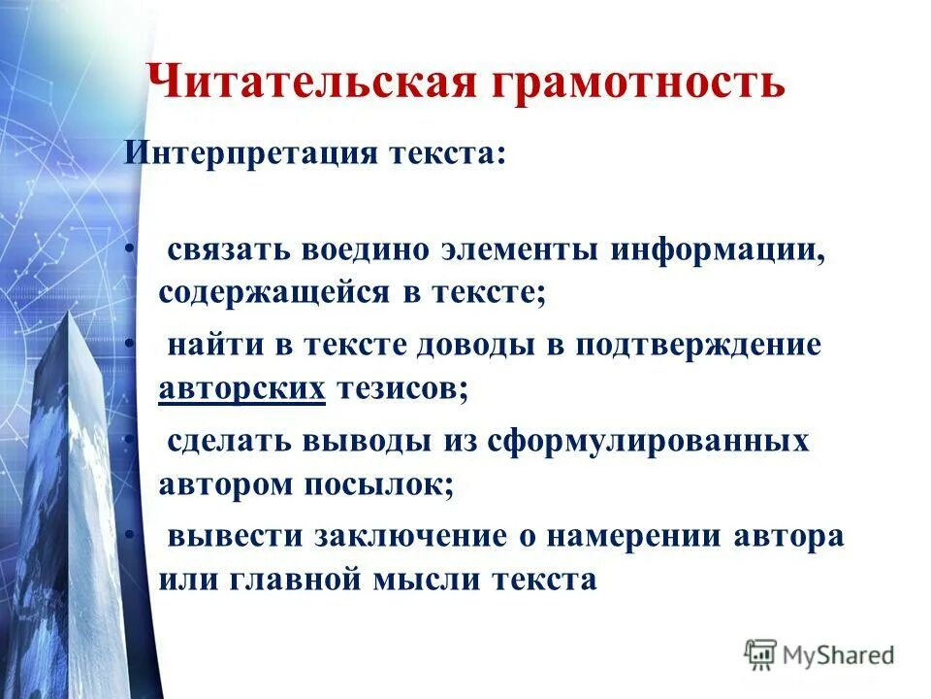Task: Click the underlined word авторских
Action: (241, 388)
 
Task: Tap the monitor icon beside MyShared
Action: (761, 653)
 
